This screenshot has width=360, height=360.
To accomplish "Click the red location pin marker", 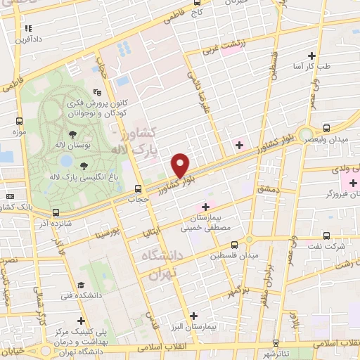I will coord(181,165).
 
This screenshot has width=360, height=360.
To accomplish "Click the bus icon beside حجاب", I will coord(138,188).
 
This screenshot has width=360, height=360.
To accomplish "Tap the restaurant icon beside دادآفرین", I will coord(28,28).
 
